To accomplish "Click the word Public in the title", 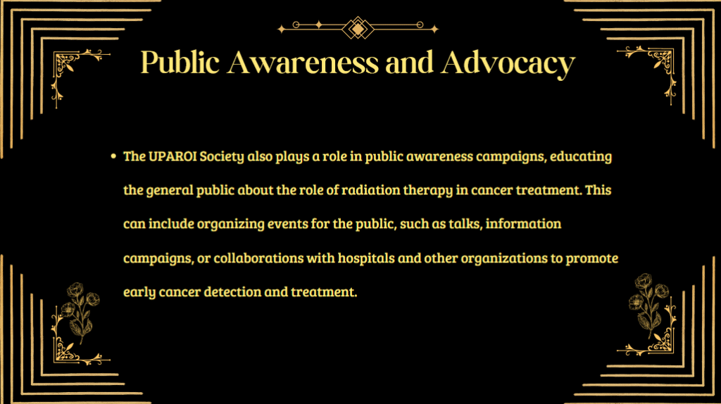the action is click(180, 62).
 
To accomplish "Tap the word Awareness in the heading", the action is click(303, 63).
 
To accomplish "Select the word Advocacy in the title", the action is click(508, 63).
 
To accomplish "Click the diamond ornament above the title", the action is click(358, 28).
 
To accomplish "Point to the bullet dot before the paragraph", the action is click(113, 157).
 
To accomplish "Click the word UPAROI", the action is click(173, 156).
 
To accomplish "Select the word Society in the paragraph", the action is click(222, 157).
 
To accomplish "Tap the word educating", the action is click(581, 157).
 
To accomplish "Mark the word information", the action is click(523, 224).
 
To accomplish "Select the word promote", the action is click(591, 258).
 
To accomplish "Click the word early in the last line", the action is click(139, 292).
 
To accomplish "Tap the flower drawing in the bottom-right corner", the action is click(648, 305).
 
